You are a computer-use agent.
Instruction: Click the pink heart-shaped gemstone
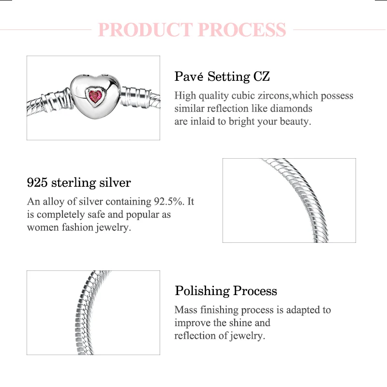95,97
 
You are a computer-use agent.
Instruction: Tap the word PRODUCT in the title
145,30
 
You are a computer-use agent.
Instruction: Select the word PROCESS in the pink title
242,30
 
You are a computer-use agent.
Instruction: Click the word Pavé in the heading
189,76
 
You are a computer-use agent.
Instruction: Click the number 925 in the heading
37,183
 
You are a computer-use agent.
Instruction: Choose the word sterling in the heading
74,183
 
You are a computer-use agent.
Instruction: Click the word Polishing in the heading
202,291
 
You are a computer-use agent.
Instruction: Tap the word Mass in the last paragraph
186,310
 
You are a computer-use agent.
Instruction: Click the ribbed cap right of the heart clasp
135,97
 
